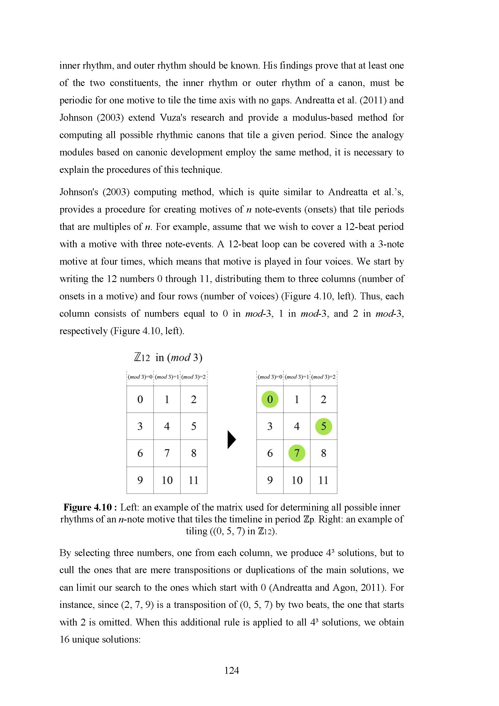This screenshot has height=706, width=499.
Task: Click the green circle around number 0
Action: pyautogui.click(x=270, y=399)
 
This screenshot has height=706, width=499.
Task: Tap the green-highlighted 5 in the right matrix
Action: pyautogui.click(x=323, y=426)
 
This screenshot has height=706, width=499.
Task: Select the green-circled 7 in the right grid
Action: pyautogui.click(x=297, y=453)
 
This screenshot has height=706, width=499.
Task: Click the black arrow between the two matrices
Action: pyautogui.click(x=231, y=439)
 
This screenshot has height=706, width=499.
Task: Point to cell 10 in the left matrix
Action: pyautogui.click(x=167, y=480)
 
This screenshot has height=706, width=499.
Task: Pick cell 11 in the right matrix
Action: pyautogui.click(x=323, y=480)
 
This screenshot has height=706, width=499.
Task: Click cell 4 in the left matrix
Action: pyautogui.click(x=167, y=426)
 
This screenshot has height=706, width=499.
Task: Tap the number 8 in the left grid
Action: pyautogui.click(x=194, y=453)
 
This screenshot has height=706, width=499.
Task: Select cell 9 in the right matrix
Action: pyautogui.click(x=270, y=480)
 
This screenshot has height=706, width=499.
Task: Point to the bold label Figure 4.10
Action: pyautogui.click(x=88, y=507)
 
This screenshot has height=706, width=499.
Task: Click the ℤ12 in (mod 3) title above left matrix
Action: pyautogui.click(x=168, y=357)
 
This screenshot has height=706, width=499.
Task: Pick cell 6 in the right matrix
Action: pyautogui.click(x=270, y=453)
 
